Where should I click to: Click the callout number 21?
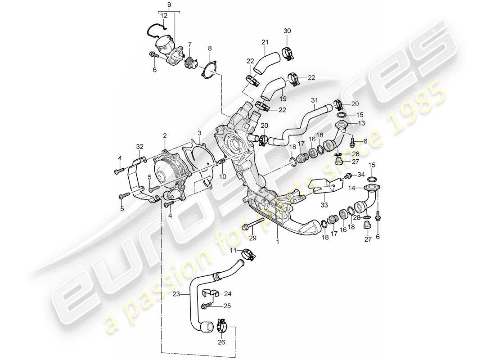point(265,43)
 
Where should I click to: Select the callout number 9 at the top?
point(169,5)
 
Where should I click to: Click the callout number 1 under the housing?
point(278,241)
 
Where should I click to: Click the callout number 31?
point(313,100)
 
